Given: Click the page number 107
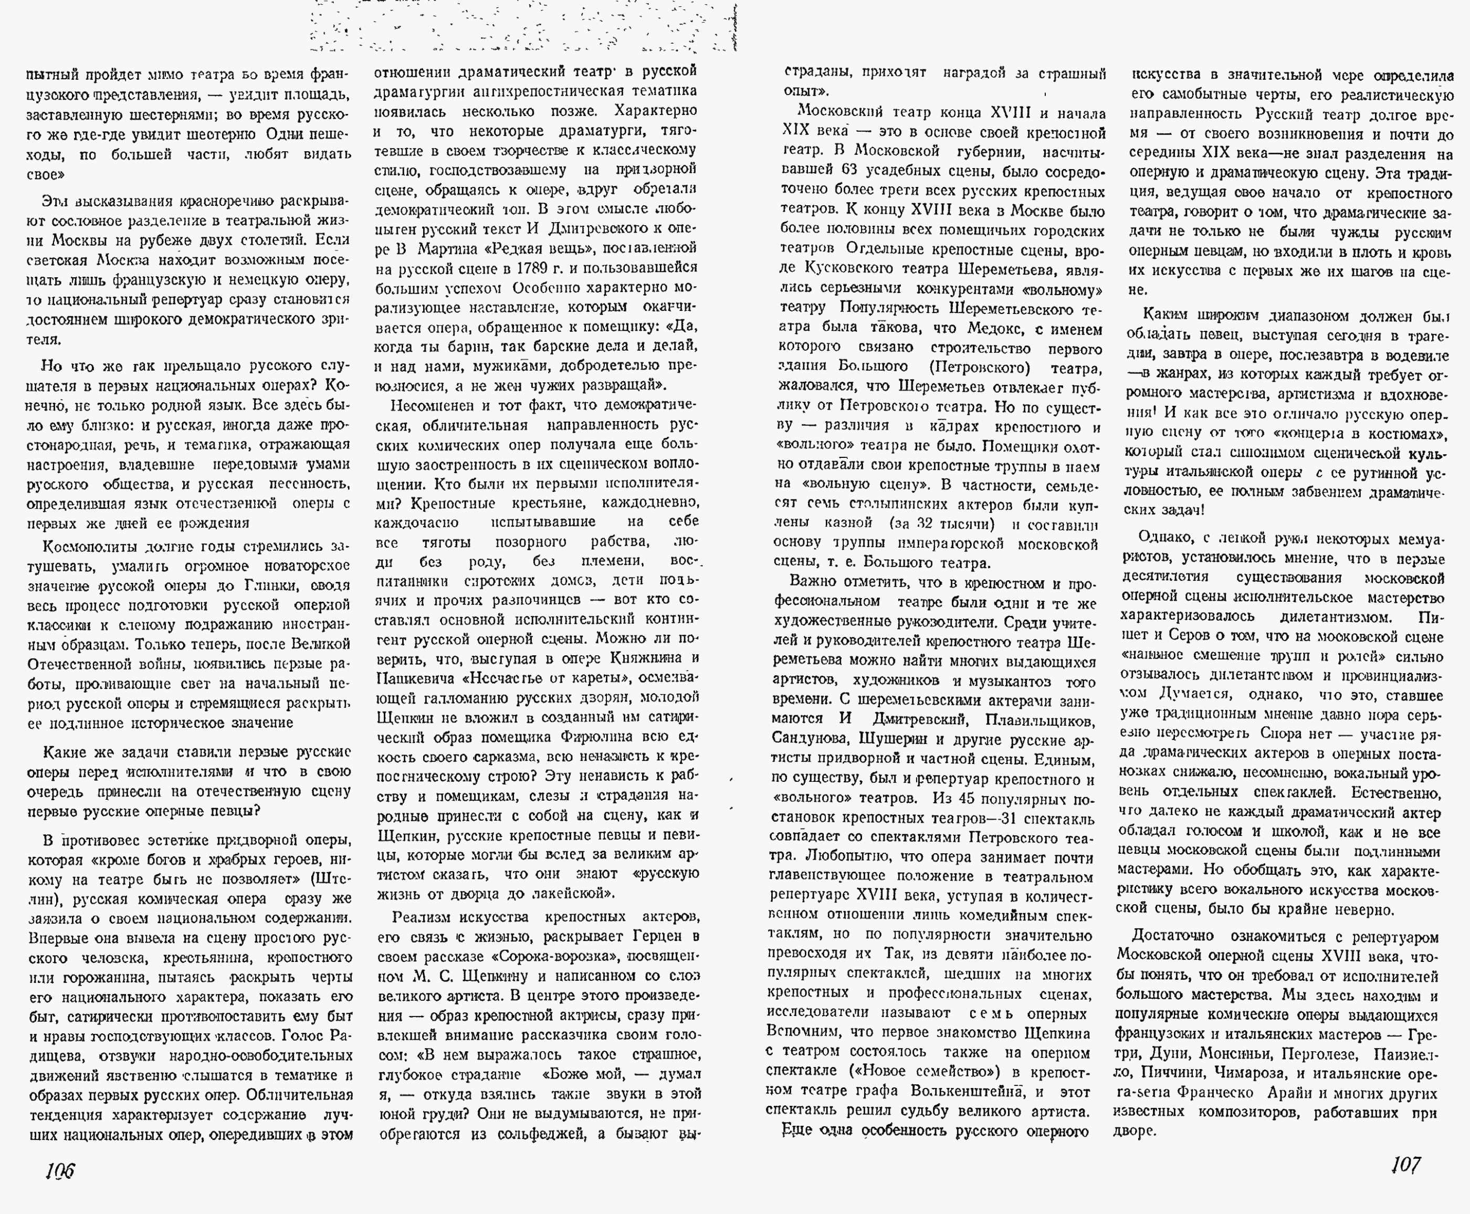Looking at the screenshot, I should coord(1405,1164).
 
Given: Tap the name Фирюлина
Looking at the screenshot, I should coord(596,736).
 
